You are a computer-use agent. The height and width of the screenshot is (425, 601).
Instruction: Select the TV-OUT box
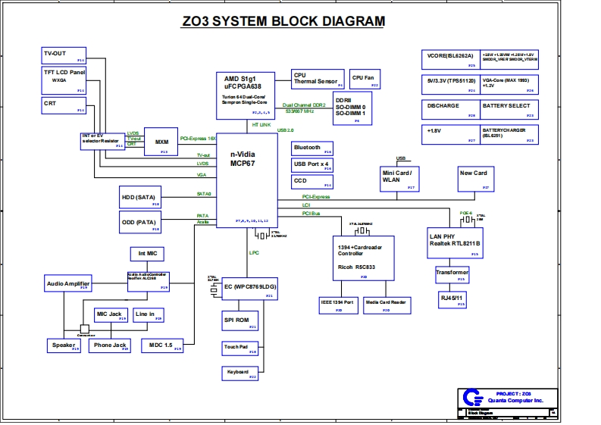click(x=64, y=55)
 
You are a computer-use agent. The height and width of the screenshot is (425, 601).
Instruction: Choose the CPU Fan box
click(x=364, y=80)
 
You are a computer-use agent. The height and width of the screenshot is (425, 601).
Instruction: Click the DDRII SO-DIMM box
click(x=352, y=110)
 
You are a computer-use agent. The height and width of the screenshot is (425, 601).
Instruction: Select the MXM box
click(x=161, y=141)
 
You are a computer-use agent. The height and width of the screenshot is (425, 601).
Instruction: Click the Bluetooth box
click(x=312, y=148)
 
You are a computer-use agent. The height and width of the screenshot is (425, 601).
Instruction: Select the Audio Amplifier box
click(x=67, y=284)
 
